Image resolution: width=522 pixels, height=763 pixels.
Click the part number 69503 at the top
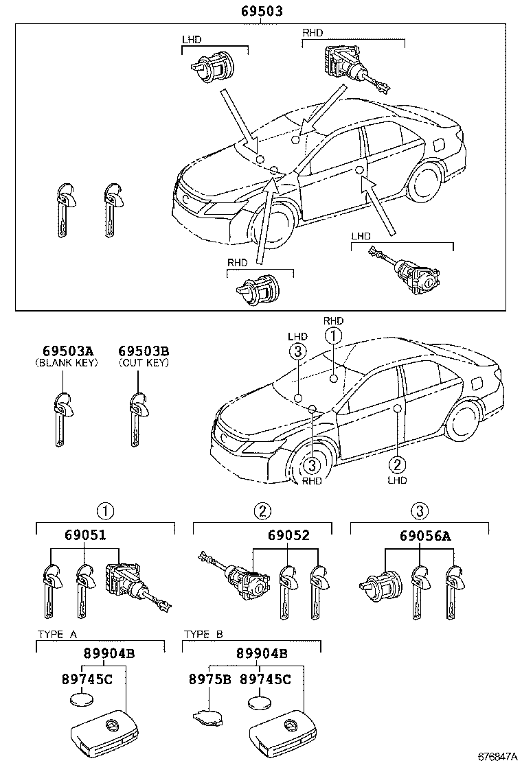[x=262, y=11]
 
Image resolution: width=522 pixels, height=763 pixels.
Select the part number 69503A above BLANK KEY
[x=65, y=351]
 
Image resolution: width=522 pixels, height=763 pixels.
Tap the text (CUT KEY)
[x=144, y=362]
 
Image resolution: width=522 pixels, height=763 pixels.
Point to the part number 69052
[x=288, y=537]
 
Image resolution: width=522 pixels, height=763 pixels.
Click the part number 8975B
[x=209, y=679]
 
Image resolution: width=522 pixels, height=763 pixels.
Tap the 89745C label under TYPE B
[x=265, y=679]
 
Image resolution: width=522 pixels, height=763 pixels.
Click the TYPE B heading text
[x=203, y=635]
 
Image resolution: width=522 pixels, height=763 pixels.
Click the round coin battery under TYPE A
[x=82, y=702]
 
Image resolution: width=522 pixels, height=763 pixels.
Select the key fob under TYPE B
[x=279, y=733]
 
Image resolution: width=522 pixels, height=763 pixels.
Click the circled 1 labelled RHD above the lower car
[x=332, y=336]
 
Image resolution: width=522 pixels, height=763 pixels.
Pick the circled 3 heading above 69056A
[x=420, y=510]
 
